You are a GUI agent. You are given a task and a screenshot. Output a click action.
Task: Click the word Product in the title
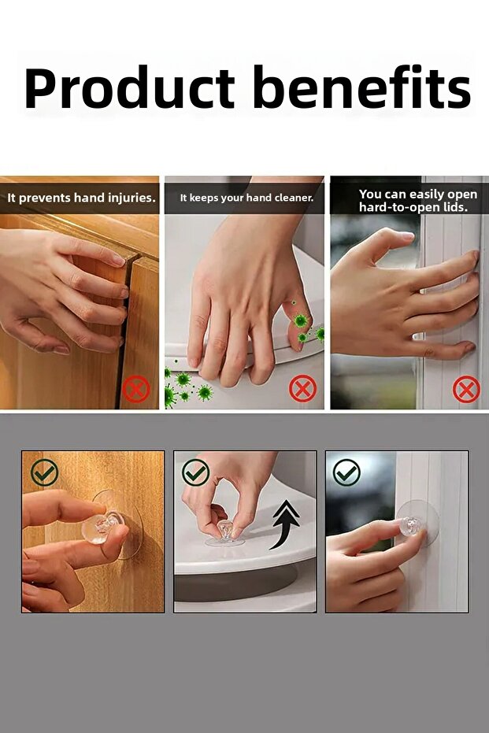(x=130, y=88)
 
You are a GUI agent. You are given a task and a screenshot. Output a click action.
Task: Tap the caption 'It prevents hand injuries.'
(x=81, y=198)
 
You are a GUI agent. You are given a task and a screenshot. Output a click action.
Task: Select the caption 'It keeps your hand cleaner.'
(x=246, y=198)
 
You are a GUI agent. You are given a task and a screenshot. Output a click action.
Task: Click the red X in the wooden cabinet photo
(x=136, y=389)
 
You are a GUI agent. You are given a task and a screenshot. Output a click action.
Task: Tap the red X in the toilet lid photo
(x=302, y=388)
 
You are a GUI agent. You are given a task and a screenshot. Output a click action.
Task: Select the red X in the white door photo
(x=466, y=389)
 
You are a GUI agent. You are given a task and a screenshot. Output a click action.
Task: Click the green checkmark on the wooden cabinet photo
(x=45, y=472)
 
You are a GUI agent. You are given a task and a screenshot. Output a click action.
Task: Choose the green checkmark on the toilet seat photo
(x=195, y=472)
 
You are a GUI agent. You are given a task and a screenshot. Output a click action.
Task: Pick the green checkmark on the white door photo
(x=346, y=472)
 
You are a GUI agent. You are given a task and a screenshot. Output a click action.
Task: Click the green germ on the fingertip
(x=300, y=321)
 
